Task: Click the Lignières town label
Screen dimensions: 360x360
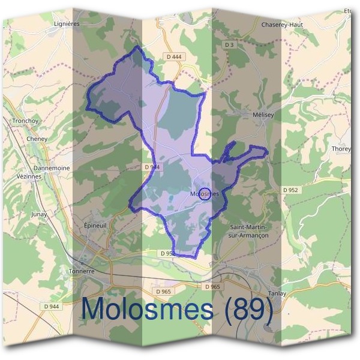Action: click(67, 24)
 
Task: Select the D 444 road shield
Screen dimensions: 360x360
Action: click(174, 56)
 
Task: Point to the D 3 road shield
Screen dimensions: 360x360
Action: click(229, 45)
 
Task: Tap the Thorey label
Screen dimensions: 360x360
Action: click(342, 148)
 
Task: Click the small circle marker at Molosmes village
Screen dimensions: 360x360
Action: click(205, 193)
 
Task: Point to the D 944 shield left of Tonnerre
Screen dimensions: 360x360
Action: click(52, 307)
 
